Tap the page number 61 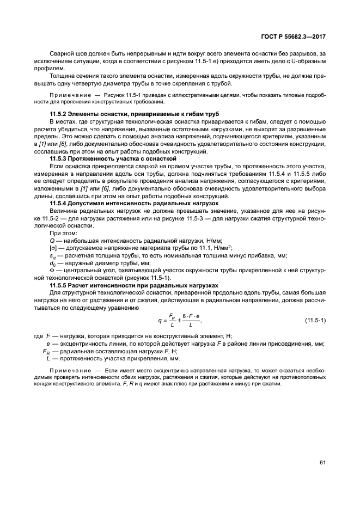pos(323,462)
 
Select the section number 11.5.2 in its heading pos(59,113)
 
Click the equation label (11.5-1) pos(315,319)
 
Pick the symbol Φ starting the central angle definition pos(52,270)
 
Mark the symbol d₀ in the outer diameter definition pos(53,262)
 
